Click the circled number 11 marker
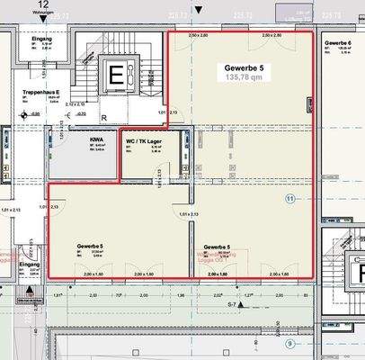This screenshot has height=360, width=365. (x=289, y=197)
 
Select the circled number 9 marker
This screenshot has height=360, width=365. (x=289, y=343)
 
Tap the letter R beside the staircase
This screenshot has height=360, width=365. (x=104, y=117)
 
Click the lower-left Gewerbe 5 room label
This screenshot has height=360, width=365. (x=90, y=246)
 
